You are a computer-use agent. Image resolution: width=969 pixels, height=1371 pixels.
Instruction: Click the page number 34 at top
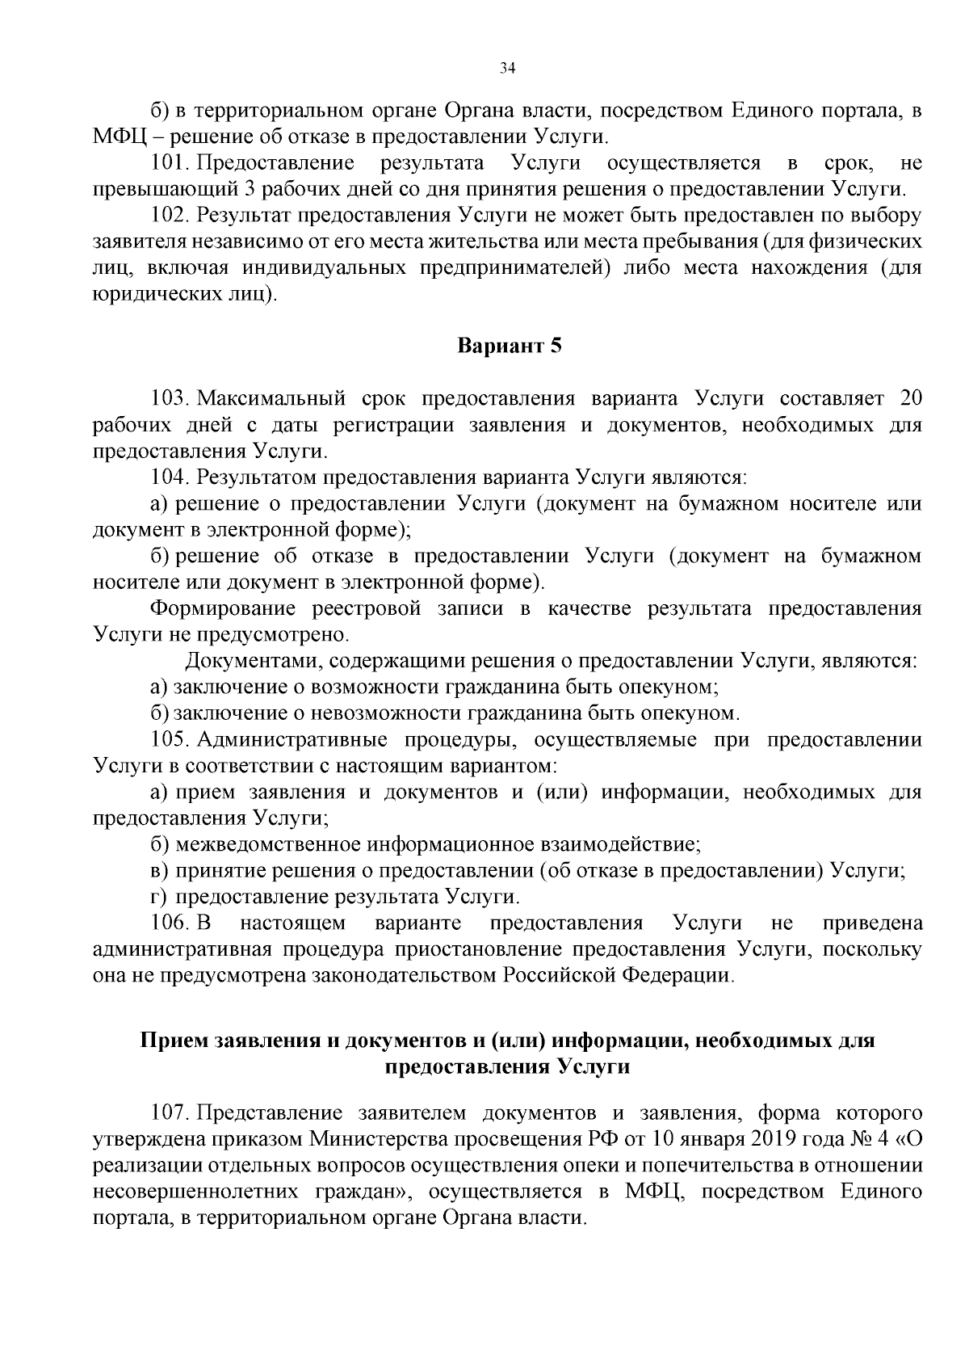point(507,69)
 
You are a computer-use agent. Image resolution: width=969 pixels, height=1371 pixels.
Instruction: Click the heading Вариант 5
point(509,347)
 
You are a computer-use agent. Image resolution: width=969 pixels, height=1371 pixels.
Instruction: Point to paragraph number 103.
point(170,399)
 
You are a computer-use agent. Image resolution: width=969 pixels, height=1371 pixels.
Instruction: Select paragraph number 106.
point(170,923)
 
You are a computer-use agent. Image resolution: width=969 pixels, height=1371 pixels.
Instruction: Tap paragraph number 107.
point(170,1113)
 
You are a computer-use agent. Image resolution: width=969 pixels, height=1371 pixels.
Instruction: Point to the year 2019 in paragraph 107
point(782,1139)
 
